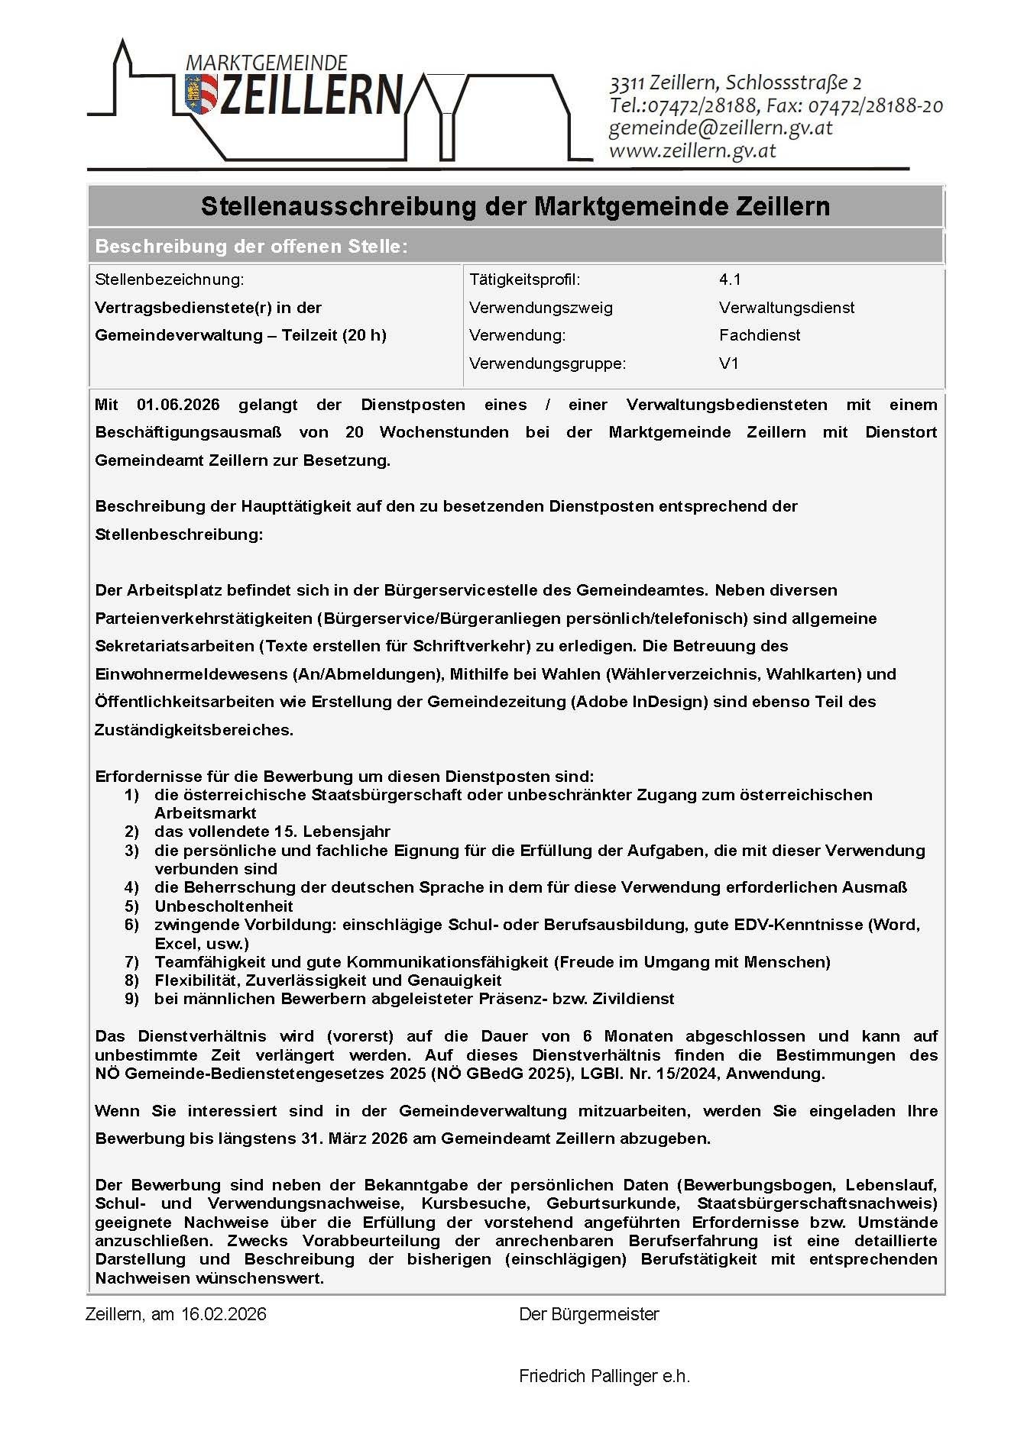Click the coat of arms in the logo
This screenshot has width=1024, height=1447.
(x=200, y=94)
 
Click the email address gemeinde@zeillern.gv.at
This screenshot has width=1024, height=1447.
(x=720, y=128)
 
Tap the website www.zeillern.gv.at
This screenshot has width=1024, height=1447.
(x=692, y=151)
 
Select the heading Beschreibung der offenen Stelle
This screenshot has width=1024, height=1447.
(x=251, y=247)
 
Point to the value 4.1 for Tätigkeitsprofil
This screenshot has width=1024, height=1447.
(x=730, y=279)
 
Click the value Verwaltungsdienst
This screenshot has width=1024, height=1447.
(x=786, y=308)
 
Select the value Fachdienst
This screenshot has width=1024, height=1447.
(x=760, y=335)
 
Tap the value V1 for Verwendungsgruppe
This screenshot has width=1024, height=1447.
(x=728, y=363)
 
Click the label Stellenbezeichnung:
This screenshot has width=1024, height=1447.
(x=170, y=279)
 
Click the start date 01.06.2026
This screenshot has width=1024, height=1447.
(x=178, y=405)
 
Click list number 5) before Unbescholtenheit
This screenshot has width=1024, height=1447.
(x=132, y=906)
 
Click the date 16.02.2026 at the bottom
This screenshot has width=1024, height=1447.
(x=223, y=1314)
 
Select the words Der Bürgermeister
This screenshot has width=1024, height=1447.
(x=588, y=1314)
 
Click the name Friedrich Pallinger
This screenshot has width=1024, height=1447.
(x=588, y=1376)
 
